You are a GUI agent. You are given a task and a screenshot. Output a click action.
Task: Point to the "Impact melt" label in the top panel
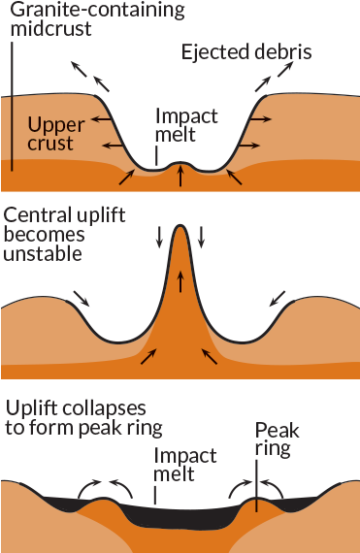(x=187, y=125)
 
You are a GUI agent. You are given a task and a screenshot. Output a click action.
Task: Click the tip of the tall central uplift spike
(x=180, y=228)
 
